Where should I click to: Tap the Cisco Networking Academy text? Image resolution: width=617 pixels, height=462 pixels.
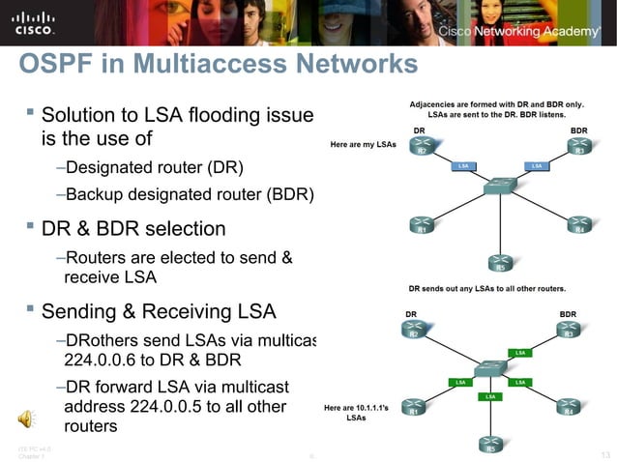(519, 32)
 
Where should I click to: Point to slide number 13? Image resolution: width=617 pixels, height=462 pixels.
(603, 454)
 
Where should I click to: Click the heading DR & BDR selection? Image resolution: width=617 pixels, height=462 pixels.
(132, 229)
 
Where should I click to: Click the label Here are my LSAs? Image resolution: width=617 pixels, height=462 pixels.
(363, 144)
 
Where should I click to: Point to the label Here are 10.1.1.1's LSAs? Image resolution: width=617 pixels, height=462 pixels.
(356, 413)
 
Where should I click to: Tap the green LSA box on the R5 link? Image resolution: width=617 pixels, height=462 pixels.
(490, 396)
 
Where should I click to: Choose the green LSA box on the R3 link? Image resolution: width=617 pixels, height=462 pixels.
(519, 353)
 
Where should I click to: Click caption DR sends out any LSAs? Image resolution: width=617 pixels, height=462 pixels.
(486, 288)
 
